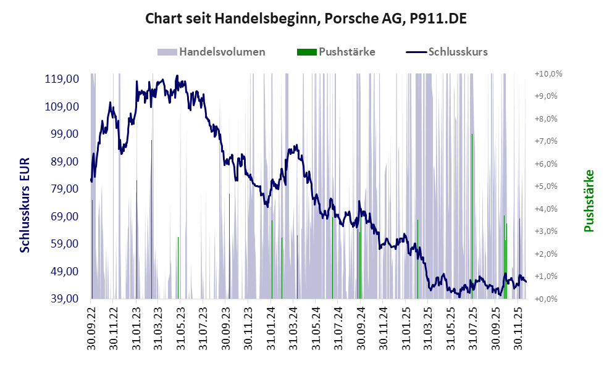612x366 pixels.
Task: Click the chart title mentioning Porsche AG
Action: [305, 19]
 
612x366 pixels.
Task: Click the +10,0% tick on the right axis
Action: [548, 73]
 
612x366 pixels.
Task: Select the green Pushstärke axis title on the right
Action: [589, 201]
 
